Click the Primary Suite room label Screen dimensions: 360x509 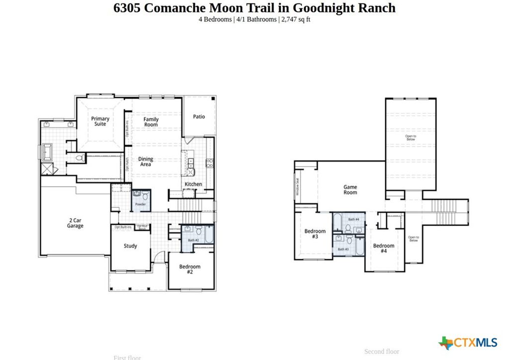(x=100, y=121)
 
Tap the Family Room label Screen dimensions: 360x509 (x=151, y=122)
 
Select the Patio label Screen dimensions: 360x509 (x=199, y=117)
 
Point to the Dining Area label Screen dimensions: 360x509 (x=146, y=162)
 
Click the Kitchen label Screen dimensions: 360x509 (x=193, y=184)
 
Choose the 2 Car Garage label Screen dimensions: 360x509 (x=76, y=223)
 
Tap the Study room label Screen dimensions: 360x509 (x=130, y=246)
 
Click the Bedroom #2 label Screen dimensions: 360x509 (x=190, y=270)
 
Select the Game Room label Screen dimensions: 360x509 (x=350, y=190)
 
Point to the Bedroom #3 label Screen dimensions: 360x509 (x=315, y=234)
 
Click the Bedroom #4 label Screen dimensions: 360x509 (x=384, y=248)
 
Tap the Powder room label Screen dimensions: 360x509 (x=140, y=204)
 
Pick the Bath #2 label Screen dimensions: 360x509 (x=193, y=240)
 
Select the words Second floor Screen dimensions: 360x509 (x=381, y=352)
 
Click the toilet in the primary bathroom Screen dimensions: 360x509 (x=79, y=157)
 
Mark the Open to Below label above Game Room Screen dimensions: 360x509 (x=411, y=138)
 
